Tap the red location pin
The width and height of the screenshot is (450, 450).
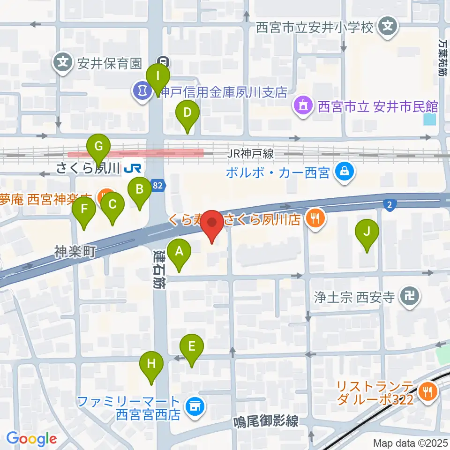[212, 225]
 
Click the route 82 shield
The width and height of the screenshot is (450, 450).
[158, 186]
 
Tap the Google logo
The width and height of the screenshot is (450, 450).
[31, 439]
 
